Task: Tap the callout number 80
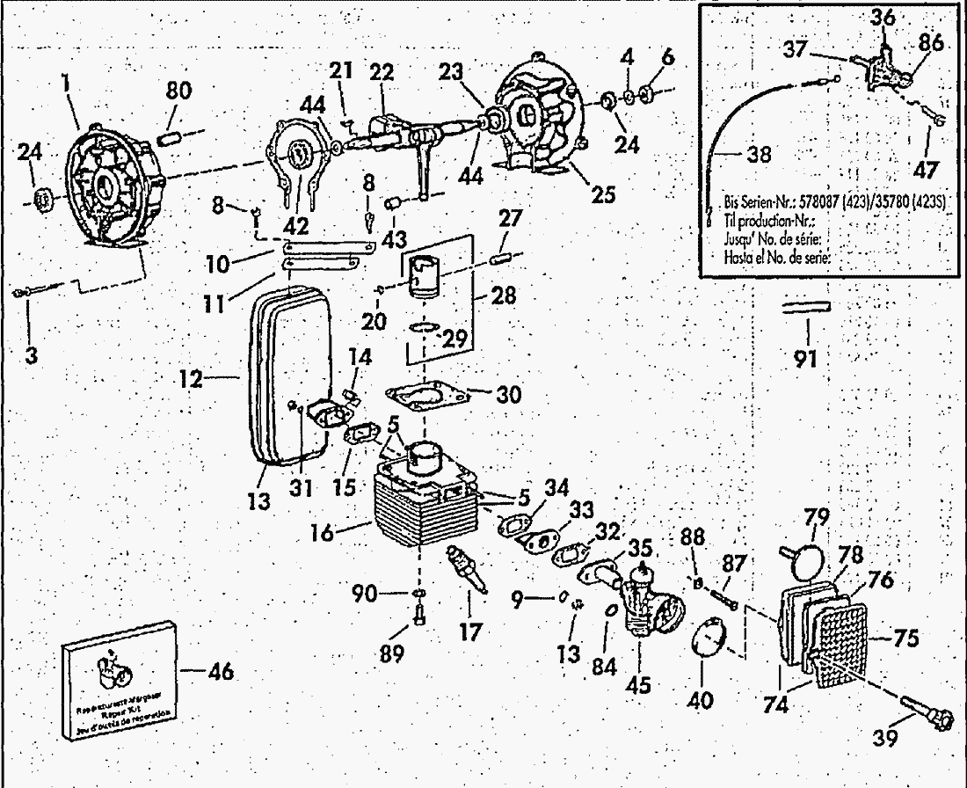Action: (x=179, y=91)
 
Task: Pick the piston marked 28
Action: (x=425, y=271)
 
